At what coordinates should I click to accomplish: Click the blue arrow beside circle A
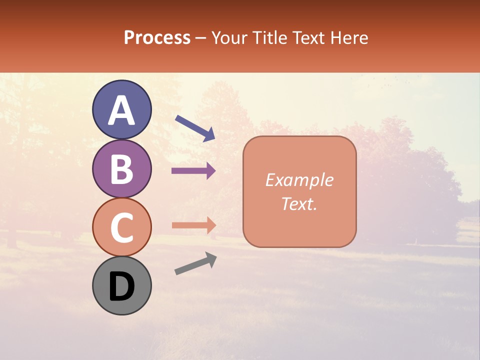click(x=195, y=127)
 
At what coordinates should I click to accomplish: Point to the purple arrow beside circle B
click(x=193, y=171)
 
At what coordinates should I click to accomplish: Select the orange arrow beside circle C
click(x=193, y=225)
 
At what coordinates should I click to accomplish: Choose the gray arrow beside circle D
click(x=195, y=263)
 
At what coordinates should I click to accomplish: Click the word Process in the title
click(x=157, y=37)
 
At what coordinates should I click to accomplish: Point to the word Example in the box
click(x=299, y=180)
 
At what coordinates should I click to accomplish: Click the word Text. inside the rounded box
click(x=299, y=204)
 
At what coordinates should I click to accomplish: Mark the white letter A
click(x=121, y=110)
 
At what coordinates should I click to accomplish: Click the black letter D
click(x=121, y=287)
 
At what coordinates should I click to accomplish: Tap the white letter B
click(x=121, y=169)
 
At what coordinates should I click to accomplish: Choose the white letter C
click(x=121, y=228)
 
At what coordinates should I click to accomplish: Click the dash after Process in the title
click(x=200, y=38)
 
